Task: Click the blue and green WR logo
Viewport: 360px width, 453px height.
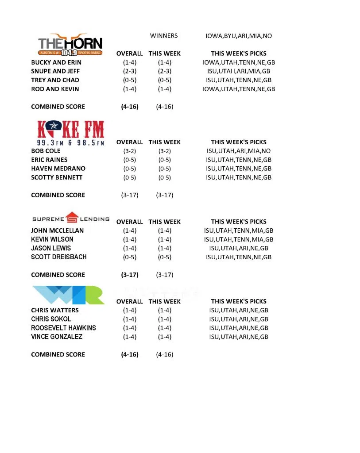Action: coord(68,295)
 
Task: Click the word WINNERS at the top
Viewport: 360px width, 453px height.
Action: coord(164,36)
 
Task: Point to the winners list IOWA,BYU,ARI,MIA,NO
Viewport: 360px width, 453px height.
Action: coord(239,36)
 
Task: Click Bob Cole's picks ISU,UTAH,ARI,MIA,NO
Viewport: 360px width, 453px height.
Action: coord(239,151)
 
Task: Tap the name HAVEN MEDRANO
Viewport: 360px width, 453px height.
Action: coord(58,169)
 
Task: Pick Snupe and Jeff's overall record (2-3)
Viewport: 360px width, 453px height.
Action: coord(130,71)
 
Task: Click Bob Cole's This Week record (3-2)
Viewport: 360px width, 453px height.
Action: coord(165,151)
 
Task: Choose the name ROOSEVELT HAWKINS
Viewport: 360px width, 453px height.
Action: coord(63,328)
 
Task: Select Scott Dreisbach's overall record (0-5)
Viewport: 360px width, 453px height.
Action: coord(130,257)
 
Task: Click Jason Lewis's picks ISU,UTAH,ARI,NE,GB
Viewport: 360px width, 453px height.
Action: coord(239,248)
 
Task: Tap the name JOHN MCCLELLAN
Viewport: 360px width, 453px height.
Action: coord(57,230)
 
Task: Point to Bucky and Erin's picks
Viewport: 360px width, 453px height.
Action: coord(239,62)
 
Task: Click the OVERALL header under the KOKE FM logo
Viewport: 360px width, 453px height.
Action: coord(130,142)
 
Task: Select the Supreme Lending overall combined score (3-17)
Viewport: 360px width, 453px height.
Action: coord(130,275)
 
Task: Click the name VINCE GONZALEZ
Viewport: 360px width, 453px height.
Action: coord(57,337)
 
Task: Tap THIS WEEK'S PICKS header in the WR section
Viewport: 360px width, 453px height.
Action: coord(239,301)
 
